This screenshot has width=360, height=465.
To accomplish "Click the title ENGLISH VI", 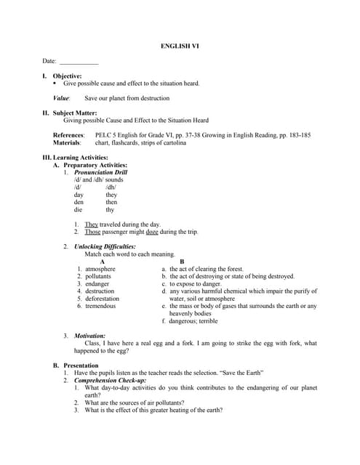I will click(180, 46).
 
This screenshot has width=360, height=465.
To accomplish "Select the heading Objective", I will click(67, 76).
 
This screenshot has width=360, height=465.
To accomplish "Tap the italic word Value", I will click(61, 98).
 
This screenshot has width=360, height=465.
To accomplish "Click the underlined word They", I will click(92, 225).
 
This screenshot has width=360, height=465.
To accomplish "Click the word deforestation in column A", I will click(103, 299).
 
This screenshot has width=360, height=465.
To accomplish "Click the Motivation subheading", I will click(90, 336).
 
